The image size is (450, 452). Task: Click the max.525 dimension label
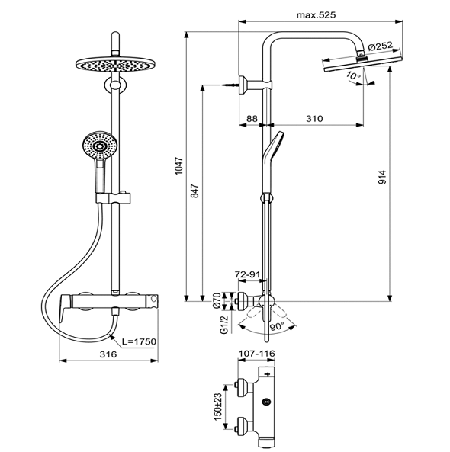pos(317,14)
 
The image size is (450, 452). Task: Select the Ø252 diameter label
pos(381,46)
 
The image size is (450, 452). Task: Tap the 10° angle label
pos(354,75)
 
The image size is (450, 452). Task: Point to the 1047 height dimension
pos(178,165)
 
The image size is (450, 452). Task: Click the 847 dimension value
pos(195,191)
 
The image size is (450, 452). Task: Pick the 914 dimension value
pos(382,178)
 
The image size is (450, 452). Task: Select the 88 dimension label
pos(252,118)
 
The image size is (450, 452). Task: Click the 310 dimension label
pos(314,118)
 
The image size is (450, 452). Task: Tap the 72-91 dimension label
pos(248,274)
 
